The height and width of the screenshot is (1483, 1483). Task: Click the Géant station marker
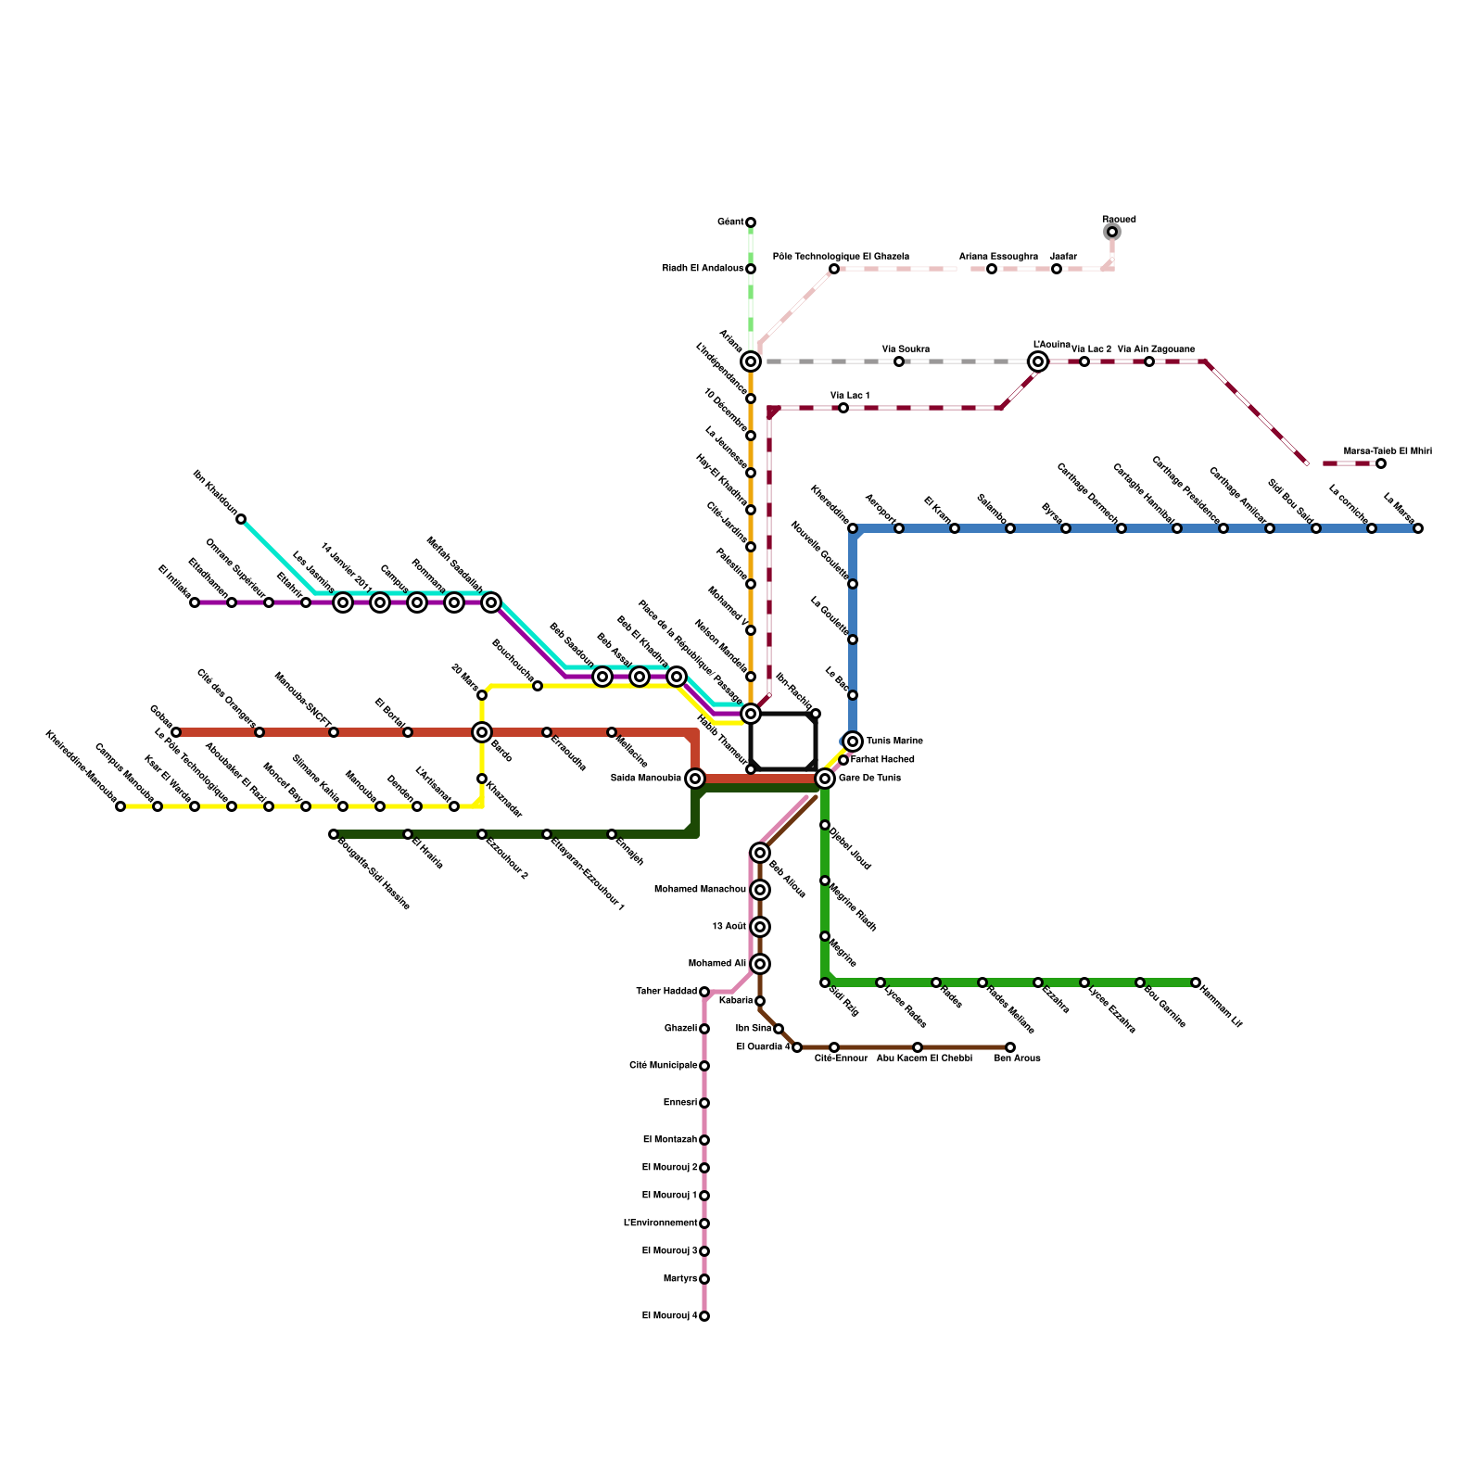click(x=751, y=222)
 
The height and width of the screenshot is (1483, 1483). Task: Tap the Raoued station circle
click(x=1112, y=232)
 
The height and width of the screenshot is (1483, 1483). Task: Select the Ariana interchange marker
click(x=751, y=361)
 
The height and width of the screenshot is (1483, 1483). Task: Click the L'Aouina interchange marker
click(x=1038, y=361)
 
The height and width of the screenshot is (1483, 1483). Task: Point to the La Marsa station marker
click(x=1418, y=528)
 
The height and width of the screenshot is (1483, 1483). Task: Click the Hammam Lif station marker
click(x=1196, y=982)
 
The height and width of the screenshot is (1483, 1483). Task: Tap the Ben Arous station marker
click(x=1010, y=1047)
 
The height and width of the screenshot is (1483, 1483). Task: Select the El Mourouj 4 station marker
click(x=704, y=1316)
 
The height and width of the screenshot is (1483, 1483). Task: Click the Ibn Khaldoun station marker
click(x=241, y=519)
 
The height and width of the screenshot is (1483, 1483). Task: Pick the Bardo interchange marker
click(x=482, y=732)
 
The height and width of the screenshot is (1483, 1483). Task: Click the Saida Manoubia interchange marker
click(x=695, y=779)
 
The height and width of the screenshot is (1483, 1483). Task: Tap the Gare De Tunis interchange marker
click(x=825, y=779)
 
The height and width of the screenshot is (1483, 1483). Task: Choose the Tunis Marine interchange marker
click(x=853, y=741)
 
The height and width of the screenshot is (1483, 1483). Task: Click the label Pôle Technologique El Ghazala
click(x=841, y=256)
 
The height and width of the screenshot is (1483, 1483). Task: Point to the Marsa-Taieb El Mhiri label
click(x=1388, y=450)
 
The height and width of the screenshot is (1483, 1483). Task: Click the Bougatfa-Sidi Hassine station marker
click(x=334, y=834)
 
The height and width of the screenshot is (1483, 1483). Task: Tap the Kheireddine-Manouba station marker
click(x=120, y=806)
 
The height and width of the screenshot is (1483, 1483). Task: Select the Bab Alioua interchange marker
click(x=760, y=853)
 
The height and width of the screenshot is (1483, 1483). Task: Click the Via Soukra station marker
click(x=899, y=361)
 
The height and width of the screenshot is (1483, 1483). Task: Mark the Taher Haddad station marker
click(x=704, y=992)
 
